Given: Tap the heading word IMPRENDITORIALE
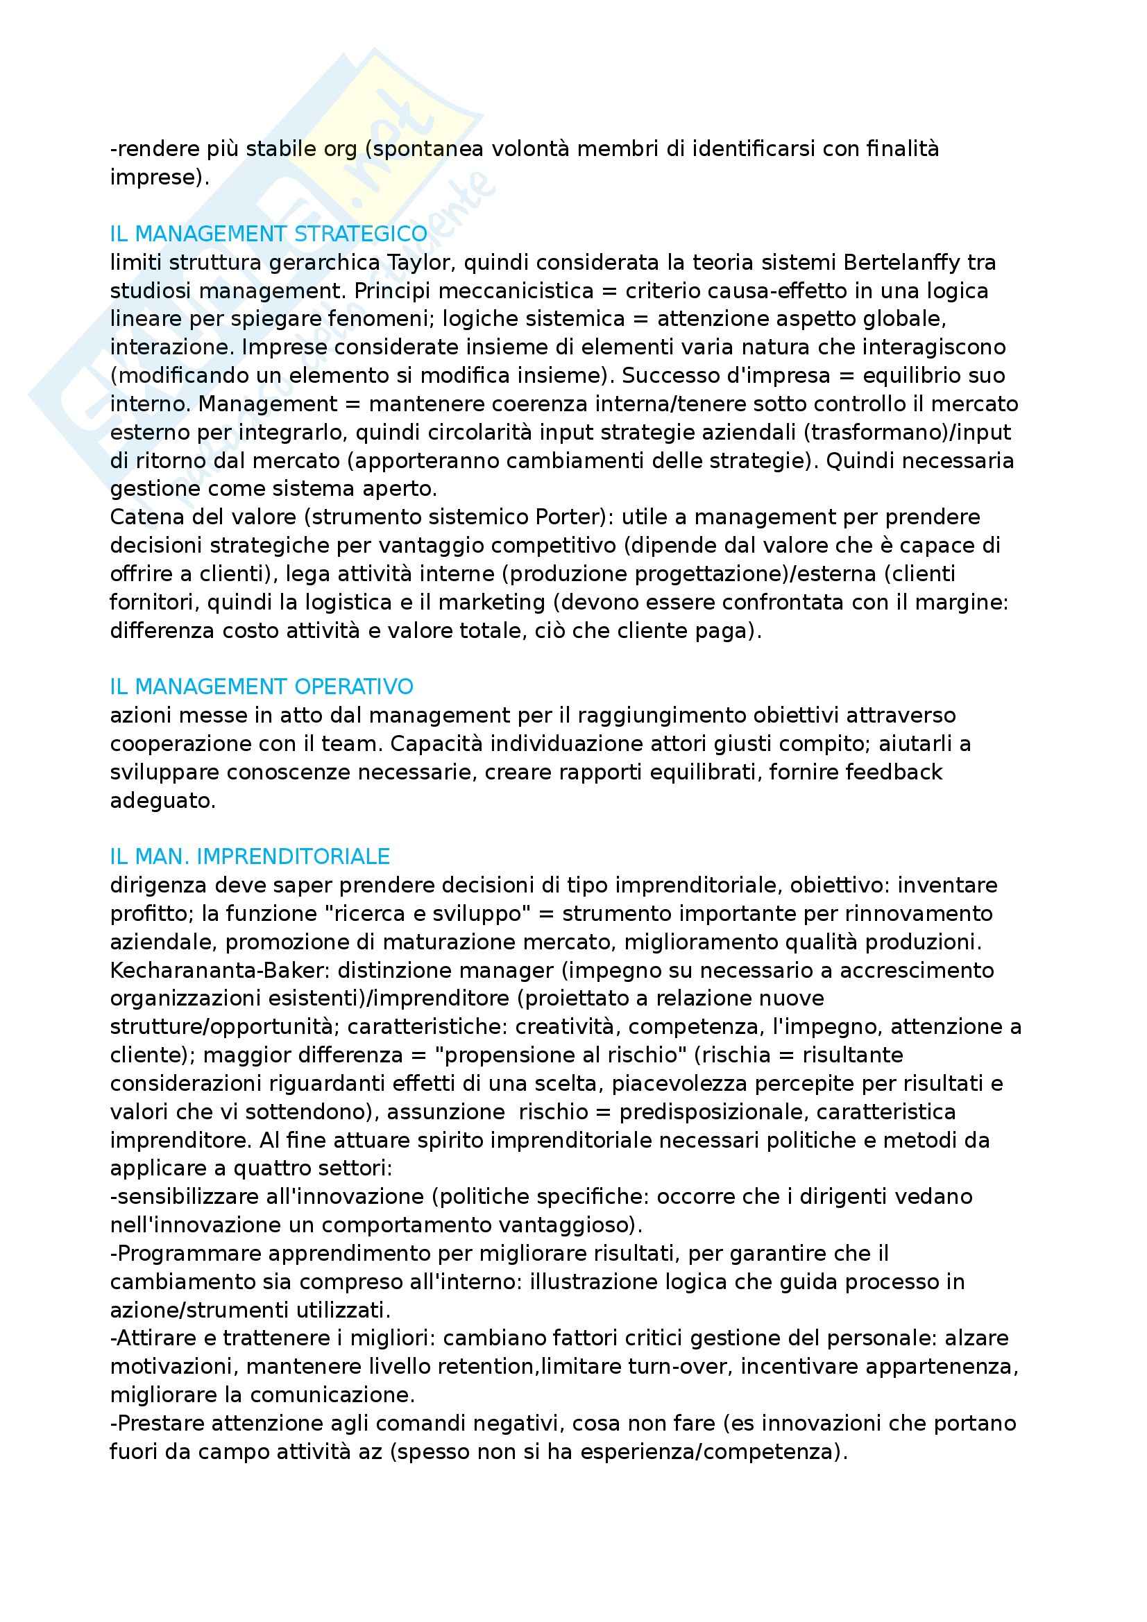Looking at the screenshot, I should [x=294, y=856].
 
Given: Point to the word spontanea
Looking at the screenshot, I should [x=427, y=149].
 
